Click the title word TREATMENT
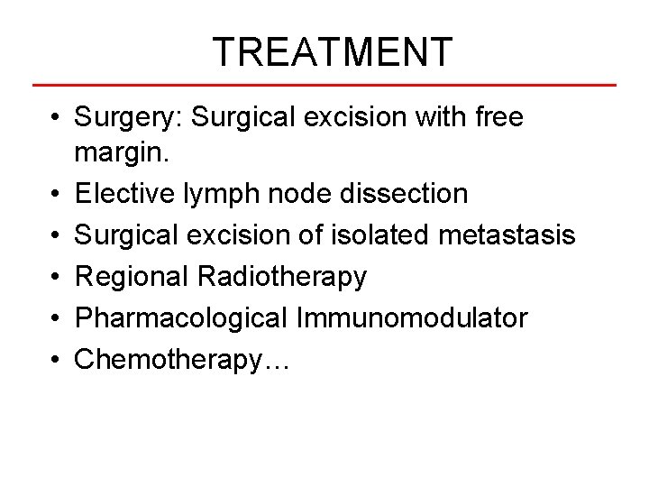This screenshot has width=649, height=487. point(332,52)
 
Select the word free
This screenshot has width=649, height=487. point(498,117)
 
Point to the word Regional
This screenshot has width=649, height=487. point(132,277)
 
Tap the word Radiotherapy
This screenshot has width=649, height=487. point(281,277)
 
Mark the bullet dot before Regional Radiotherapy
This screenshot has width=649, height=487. point(56,278)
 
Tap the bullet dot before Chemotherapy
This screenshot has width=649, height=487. point(56,361)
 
